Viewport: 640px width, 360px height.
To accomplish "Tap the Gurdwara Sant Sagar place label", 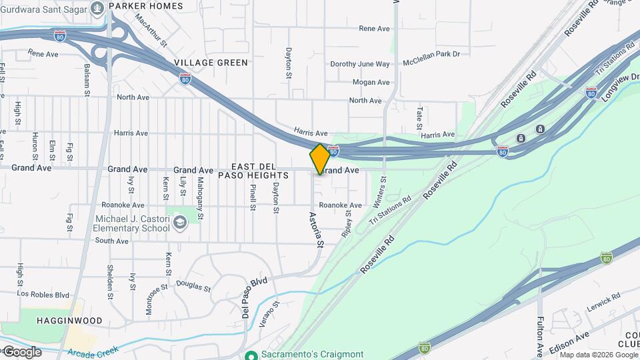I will click(49, 6).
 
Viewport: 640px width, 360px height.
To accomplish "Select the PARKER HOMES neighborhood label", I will click(146, 5).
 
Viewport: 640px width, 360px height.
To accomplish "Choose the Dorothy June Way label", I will click(360, 65).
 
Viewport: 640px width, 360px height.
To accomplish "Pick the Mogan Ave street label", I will click(371, 83).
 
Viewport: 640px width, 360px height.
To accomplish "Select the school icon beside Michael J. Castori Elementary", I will click(179, 222).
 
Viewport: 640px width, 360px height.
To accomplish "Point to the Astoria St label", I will click(314, 230).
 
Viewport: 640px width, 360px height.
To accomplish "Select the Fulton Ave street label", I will click(540, 337).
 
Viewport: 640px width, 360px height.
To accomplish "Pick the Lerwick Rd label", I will click(601, 302).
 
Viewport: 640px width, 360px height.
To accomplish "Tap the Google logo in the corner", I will click(22, 351).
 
